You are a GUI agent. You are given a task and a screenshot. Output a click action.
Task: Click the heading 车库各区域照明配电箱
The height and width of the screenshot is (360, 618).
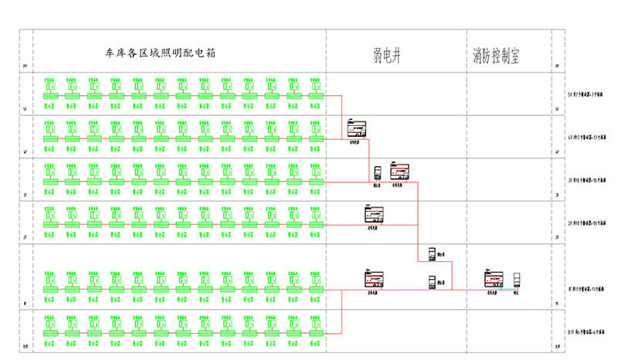[x=171, y=54]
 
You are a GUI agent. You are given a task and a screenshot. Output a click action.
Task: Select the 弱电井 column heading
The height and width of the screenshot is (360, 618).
[x=389, y=54]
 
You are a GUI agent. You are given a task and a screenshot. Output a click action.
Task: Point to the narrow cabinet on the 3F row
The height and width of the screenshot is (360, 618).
[x=378, y=172]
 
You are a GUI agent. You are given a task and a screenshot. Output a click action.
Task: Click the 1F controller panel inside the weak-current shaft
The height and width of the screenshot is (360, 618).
[x=373, y=280]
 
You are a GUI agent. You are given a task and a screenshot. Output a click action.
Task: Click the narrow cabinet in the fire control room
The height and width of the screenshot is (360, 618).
[x=517, y=280]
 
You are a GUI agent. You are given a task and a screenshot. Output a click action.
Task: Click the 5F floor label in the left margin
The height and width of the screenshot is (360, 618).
[x=25, y=110]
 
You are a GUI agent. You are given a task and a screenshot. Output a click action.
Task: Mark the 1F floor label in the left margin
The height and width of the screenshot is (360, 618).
[x=25, y=304]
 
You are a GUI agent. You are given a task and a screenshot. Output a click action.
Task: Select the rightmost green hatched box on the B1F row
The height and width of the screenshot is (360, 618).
[x=316, y=331]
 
